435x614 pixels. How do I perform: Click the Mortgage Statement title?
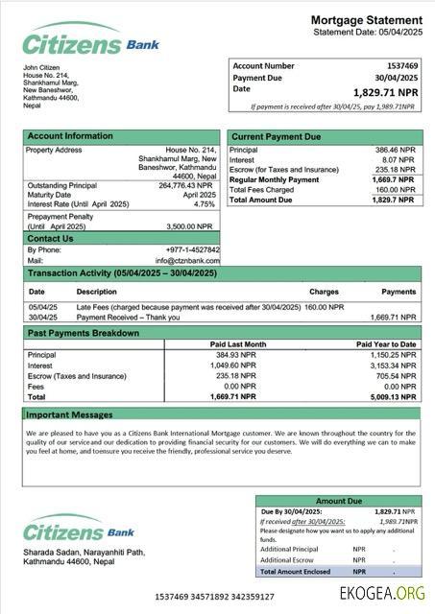366,20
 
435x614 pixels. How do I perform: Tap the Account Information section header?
70,136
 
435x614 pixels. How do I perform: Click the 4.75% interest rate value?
205,204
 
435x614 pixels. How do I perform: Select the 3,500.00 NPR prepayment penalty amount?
188,226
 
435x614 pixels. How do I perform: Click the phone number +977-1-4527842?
192,250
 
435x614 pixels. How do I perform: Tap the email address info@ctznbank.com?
188,260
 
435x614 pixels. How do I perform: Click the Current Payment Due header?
277,137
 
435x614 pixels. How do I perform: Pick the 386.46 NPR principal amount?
395,151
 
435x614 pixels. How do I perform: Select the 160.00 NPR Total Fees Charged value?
395,190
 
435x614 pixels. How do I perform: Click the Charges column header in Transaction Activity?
324,291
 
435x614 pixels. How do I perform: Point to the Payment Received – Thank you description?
128,317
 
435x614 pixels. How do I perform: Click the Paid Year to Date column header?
386,343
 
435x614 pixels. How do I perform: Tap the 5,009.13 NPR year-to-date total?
394,396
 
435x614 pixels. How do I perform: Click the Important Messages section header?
69,414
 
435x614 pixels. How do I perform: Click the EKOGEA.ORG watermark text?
381,594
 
